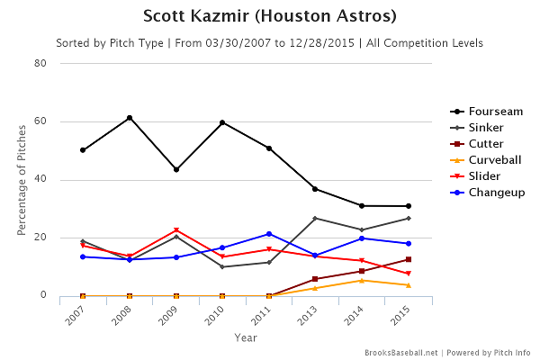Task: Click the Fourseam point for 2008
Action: (x=130, y=118)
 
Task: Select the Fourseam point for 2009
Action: (x=176, y=169)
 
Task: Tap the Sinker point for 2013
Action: (x=315, y=219)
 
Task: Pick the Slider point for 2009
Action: (x=176, y=230)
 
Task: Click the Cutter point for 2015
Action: (x=409, y=259)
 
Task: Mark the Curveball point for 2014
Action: (x=362, y=280)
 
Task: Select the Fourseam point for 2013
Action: (x=315, y=189)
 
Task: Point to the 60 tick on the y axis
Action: (x=41, y=121)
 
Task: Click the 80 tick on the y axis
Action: (x=41, y=64)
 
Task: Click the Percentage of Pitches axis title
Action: (x=22, y=180)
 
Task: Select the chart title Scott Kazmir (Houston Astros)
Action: (x=270, y=17)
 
